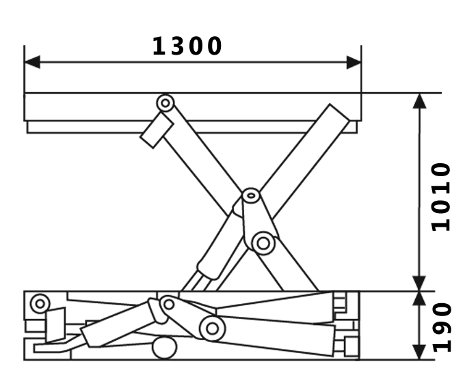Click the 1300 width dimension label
[187, 46]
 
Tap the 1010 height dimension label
[441, 197]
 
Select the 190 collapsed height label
[441, 326]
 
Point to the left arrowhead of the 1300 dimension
[31, 62]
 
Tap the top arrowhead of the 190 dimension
[420, 299]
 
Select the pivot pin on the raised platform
[165, 103]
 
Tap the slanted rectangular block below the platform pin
[157, 130]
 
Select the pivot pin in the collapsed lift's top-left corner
[40, 302]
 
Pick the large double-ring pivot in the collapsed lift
[213, 328]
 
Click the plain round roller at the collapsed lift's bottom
[163, 348]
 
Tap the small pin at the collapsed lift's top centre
[168, 303]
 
